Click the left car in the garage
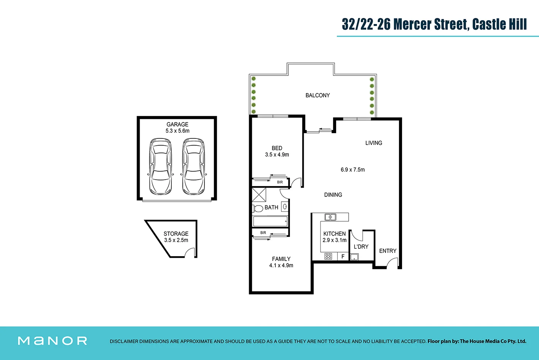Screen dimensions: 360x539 [x=160, y=167]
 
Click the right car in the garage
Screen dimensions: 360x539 [x=193, y=167]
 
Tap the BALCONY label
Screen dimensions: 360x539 [x=317, y=95]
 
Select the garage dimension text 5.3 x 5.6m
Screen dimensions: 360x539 [x=177, y=131]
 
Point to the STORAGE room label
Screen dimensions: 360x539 [x=176, y=234]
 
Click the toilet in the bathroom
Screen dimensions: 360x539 [x=257, y=208]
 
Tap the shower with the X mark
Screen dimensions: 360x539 [x=259, y=194]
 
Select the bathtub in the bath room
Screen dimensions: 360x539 [x=270, y=222]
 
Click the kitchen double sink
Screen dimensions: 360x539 [x=330, y=217]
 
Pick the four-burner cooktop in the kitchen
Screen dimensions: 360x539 [x=328, y=256]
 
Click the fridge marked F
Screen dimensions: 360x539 [x=343, y=257]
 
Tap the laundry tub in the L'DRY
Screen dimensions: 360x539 [x=354, y=257]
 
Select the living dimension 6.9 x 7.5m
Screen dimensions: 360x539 [x=352, y=170]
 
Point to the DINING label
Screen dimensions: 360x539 [x=333, y=195]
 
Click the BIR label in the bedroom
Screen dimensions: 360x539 [x=280, y=182]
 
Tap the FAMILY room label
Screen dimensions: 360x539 [x=281, y=259]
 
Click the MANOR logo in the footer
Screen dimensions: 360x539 [x=53, y=341]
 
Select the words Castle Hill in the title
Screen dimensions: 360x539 [x=499, y=24]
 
